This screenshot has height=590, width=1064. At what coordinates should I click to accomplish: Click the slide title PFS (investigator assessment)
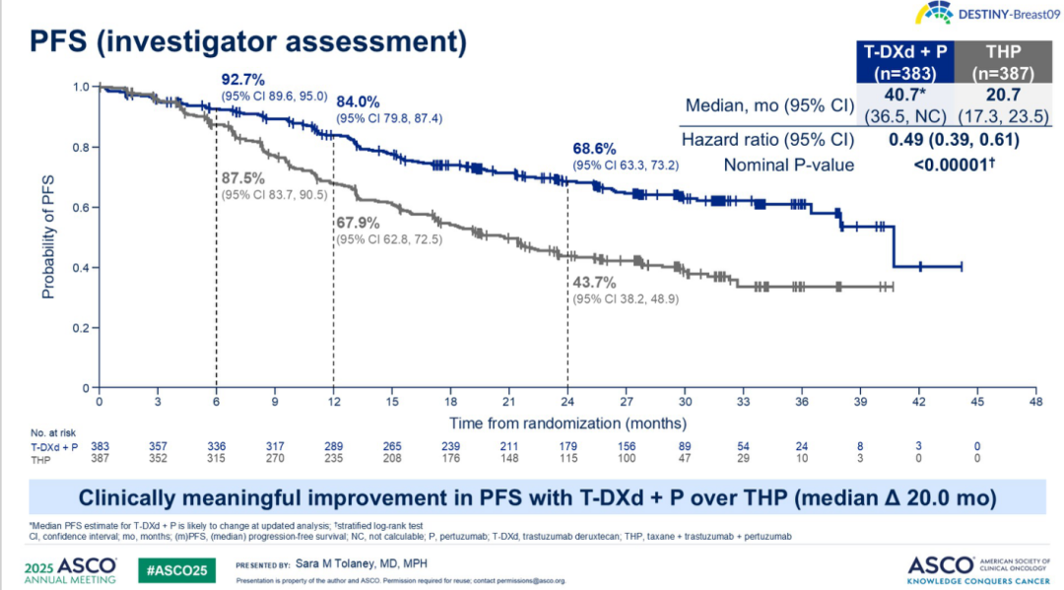[247, 42]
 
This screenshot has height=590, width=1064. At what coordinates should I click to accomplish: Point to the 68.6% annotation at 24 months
[597, 147]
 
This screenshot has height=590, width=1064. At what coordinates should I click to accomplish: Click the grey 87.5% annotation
[242, 178]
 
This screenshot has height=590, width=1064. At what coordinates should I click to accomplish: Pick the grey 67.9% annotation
[361, 223]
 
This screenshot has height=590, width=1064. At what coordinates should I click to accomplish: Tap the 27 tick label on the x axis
[626, 402]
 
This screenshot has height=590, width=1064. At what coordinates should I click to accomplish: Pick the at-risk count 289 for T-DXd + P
[333, 445]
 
